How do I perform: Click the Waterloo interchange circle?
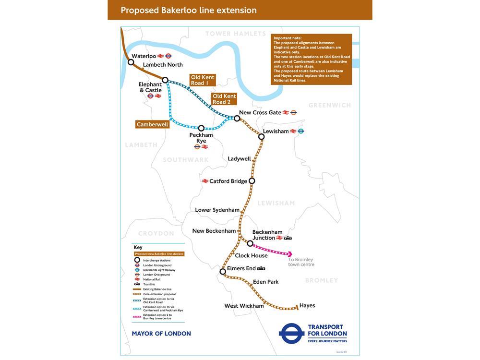131,62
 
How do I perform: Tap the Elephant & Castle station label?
150,87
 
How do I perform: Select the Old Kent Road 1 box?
202,80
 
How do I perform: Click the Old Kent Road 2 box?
225,99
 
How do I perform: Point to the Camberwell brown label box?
153,124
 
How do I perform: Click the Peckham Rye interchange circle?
201,128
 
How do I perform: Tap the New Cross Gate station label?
260,112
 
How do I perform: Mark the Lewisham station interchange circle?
261,137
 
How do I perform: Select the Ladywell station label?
239,159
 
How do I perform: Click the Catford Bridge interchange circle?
252,181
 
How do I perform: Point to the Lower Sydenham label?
217,210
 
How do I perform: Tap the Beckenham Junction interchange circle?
250,243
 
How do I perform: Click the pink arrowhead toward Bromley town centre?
289,254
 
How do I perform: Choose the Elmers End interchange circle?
223,272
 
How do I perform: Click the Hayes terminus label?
307,305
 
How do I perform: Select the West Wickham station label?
244,306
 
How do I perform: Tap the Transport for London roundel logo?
292,334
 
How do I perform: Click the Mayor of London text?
161,334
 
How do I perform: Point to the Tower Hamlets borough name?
235,34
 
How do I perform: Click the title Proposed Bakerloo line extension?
189,10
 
